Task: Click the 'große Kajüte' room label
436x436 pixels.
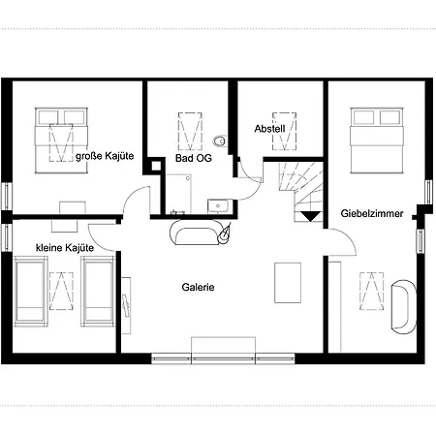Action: pos(105,156)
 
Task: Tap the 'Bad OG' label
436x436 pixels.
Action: pos(194,158)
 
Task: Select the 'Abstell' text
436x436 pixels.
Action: pos(269,129)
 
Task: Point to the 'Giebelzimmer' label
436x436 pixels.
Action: pos(372,213)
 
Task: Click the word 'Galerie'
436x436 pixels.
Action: pos(198,287)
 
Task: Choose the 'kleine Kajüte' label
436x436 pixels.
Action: pos(65,248)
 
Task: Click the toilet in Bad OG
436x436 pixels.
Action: pos(220,140)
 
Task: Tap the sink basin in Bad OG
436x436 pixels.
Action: pos(218,206)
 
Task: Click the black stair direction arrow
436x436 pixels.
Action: pos(311,216)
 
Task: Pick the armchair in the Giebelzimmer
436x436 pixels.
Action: pos(404,306)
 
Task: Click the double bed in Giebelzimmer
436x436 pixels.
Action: pos(377,140)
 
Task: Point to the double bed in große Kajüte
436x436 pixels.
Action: pos(61,140)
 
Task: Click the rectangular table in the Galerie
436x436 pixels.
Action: pos(288,283)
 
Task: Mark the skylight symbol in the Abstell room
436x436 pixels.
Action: pos(284,131)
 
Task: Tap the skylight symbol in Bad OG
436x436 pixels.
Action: pos(190,131)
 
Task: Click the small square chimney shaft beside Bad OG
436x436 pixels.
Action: pos(156,166)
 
